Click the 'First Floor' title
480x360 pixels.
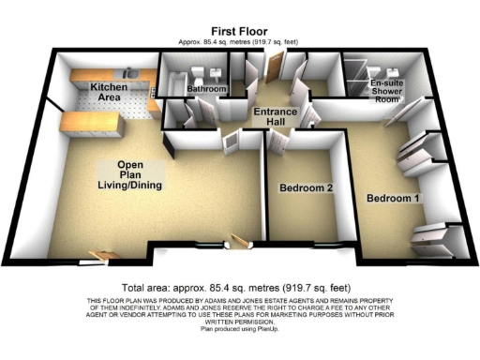coord(239,32)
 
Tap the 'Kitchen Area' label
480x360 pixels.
coord(109,92)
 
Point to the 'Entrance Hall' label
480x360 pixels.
coord(277,116)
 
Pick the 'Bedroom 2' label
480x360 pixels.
coord(306,187)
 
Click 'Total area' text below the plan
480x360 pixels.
coord(239,287)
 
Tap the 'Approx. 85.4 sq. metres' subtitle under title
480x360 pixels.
coord(239,43)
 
